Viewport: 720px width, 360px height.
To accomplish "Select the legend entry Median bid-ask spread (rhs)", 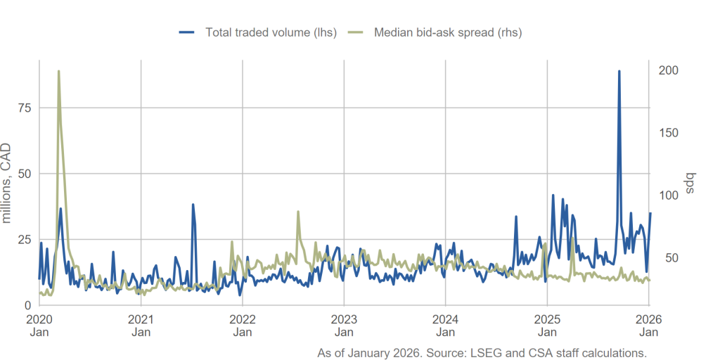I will coord(447,32).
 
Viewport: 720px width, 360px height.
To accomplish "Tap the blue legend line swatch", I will coord(187,32).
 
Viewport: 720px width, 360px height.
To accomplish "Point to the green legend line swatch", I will coord(356,32).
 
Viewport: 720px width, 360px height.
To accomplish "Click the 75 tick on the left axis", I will coord(25,108).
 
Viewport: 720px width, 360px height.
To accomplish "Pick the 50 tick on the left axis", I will coord(25,174).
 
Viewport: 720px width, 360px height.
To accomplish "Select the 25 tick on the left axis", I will coord(25,240).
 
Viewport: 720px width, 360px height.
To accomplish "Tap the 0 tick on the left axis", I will coord(28,305).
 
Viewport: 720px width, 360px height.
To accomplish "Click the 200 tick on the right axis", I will coord(669,70).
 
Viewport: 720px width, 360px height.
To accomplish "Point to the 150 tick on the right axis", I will coord(669,133).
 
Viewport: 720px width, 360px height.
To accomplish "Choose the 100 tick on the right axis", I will coord(669,195).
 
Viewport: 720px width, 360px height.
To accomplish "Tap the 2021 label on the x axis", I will coord(141,324).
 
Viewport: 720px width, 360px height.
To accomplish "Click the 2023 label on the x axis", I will coord(344,324).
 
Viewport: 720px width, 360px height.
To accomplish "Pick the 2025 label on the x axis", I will coord(546,324).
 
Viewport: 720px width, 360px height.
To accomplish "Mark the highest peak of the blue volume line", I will coord(619,71).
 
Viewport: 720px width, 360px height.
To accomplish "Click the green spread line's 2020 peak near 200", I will coord(58,71).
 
